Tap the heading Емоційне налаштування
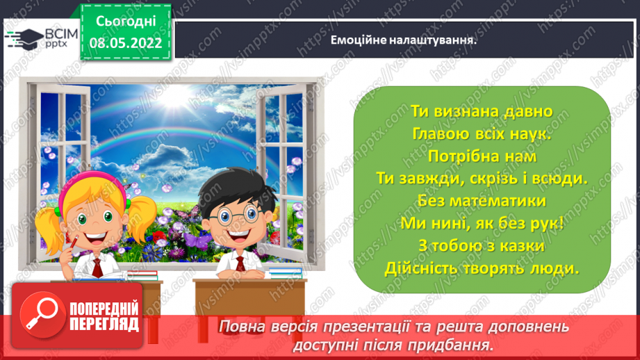406,39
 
